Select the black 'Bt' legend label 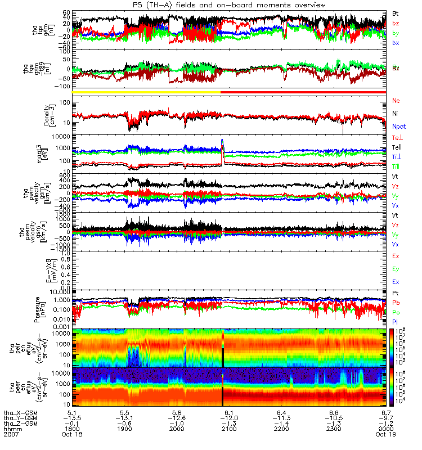tap(396, 13)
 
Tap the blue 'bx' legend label tap(396, 43)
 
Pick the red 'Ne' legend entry tap(396, 101)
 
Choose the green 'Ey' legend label tap(396, 269)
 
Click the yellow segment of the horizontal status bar tap(146, 92)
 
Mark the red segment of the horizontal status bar tap(303, 92)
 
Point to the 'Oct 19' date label tap(385, 435)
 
